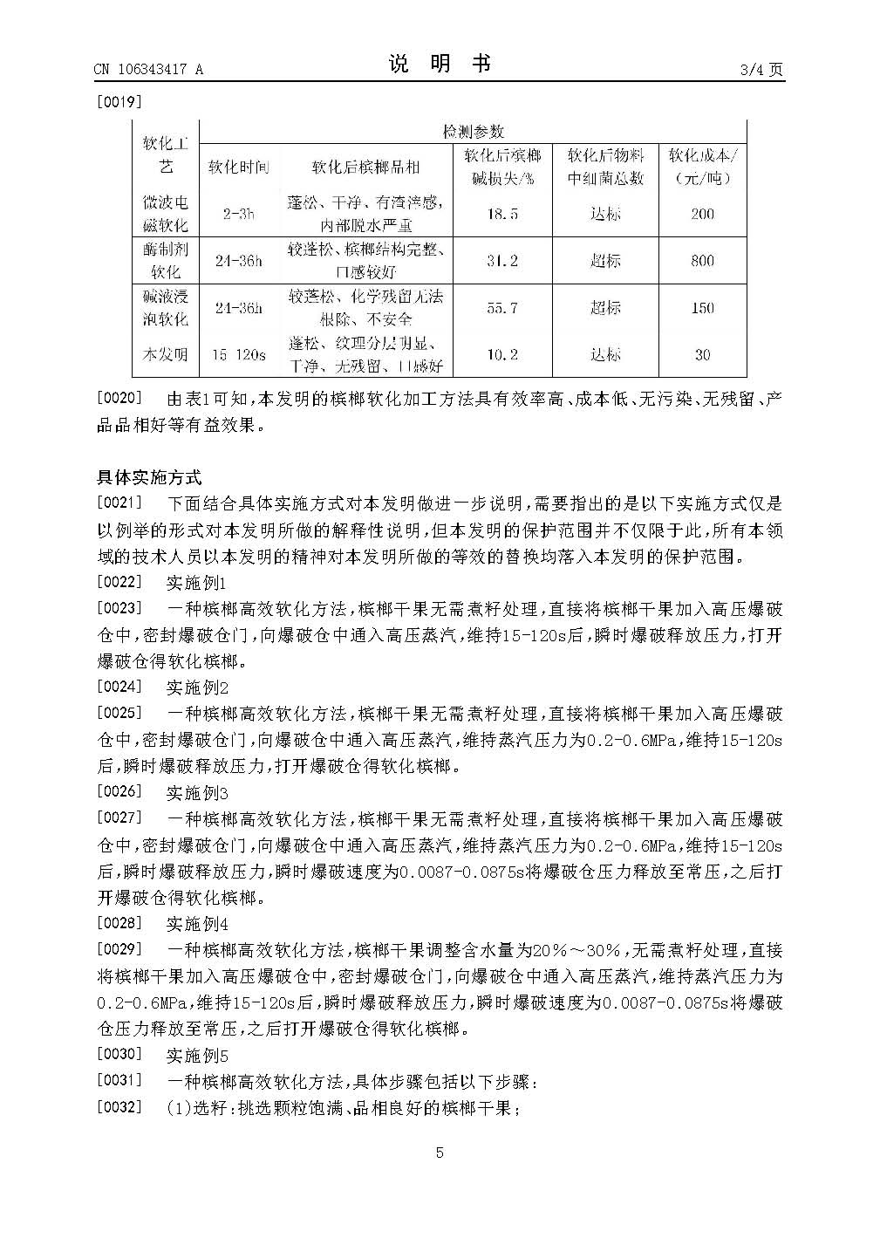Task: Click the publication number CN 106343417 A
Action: pyautogui.click(x=148, y=71)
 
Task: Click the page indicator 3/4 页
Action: pyautogui.click(x=761, y=71)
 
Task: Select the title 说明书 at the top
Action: pyautogui.click(x=440, y=64)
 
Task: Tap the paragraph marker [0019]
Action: pyautogui.click(x=119, y=101)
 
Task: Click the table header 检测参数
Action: pyautogui.click(x=473, y=132)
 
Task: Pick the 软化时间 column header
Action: pyautogui.click(x=238, y=167)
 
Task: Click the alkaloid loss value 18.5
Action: pyautogui.click(x=501, y=214)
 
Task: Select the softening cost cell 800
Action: pyautogui.click(x=702, y=260)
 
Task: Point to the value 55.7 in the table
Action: pyautogui.click(x=501, y=307)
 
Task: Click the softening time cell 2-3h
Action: pyautogui.click(x=238, y=214)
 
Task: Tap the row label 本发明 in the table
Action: pyautogui.click(x=165, y=354)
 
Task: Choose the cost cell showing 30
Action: pyautogui.click(x=702, y=354)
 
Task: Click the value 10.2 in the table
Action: pyautogui.click(x=501, y=354)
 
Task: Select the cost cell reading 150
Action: pyautogui.click(x=702, y=307)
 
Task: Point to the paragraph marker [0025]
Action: pyautogui.click(x=119, y=713)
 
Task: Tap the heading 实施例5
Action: pyautogui.click(x=196, y=1056)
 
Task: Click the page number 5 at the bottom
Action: pyautogui.click(x=440, y=1153)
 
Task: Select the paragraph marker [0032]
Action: pyautogui.click(x=119, y=1108)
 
